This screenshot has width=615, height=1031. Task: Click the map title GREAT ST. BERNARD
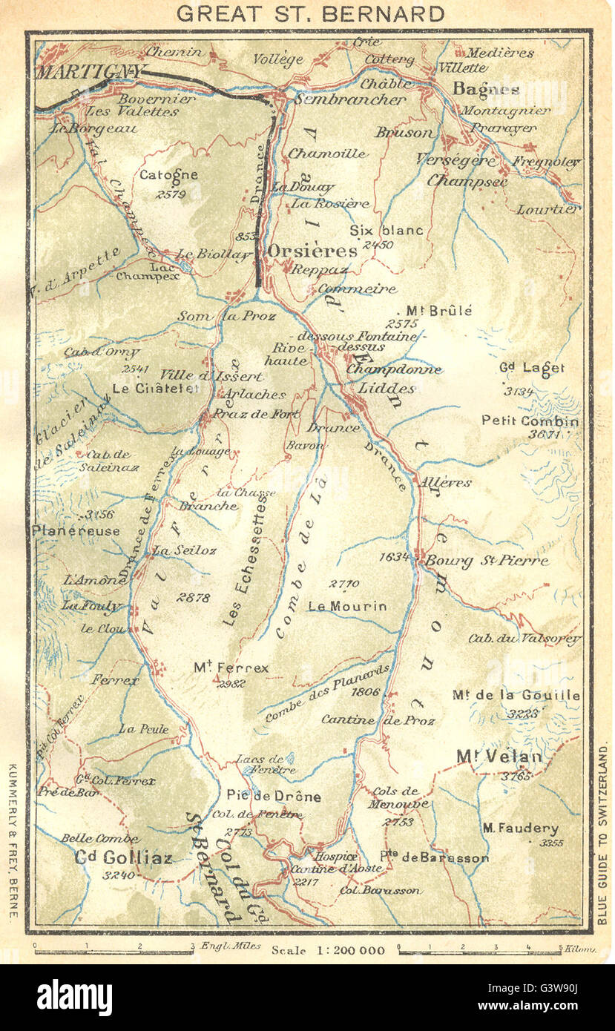click(311, 13)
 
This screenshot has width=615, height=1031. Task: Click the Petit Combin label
click(530, 421)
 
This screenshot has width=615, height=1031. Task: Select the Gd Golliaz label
click(124, 857)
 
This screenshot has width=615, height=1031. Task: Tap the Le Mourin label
click(347, 606)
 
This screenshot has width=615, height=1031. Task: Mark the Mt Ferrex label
click(231, 668)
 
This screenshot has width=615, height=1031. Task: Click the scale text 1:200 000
click(328, 950)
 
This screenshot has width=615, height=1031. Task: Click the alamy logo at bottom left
click(74, 998)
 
